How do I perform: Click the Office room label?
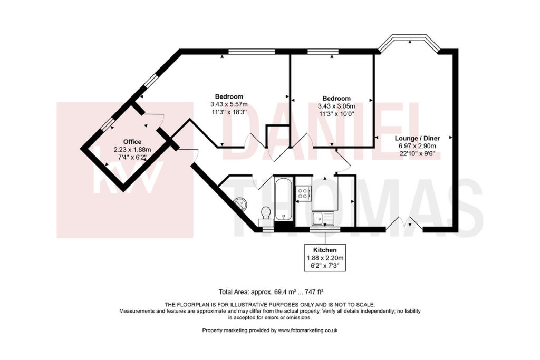(x=132, y=142)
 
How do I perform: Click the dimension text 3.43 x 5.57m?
(x=228, y=104)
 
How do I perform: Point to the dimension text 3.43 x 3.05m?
(x=336, y=106)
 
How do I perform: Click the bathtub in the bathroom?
(x=283, y=199)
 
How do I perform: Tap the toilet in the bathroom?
(x=266, y=213)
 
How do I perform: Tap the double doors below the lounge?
(x=404, y=224)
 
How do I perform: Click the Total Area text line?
(x=274, y=291)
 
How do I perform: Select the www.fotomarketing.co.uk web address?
(x=307, y=330)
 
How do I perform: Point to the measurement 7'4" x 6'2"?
(x=132, y=157)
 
